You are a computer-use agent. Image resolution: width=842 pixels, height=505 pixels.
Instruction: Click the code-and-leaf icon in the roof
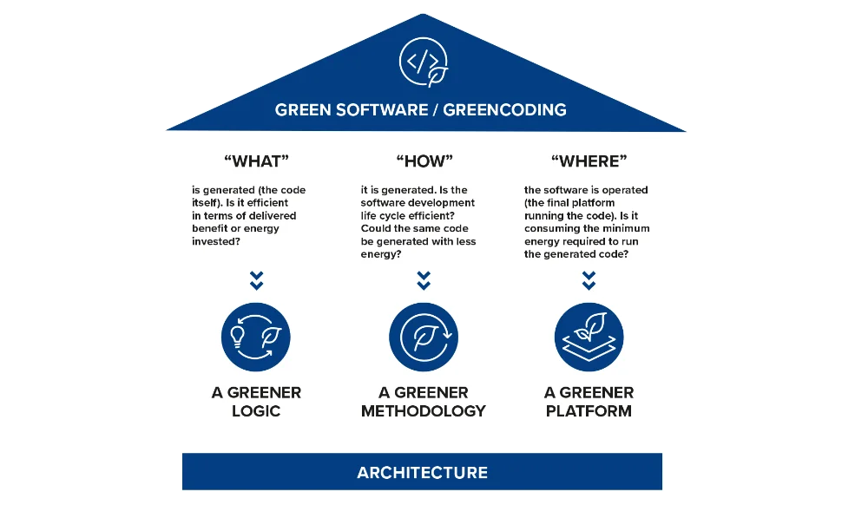[422, 62]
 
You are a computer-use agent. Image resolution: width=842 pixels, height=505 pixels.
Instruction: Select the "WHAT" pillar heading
[255, 161]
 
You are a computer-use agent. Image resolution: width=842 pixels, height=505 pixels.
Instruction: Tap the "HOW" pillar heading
[424, 161]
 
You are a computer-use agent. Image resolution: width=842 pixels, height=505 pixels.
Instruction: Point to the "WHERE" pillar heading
[589, 161]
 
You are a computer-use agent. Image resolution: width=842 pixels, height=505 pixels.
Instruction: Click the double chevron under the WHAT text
[255, 280]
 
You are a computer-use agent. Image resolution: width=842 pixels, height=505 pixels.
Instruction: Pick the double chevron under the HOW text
[424, 280]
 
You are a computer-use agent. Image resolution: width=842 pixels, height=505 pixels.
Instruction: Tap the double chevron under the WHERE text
[589, 280]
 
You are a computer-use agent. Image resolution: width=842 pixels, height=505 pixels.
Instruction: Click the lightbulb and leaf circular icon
[255, 337]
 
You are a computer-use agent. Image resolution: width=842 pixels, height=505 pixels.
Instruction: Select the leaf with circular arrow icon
[424, 337]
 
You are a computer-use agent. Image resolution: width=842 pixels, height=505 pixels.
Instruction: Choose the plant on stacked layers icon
[589, 337]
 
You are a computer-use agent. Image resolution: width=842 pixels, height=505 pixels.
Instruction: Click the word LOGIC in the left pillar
[256, 410]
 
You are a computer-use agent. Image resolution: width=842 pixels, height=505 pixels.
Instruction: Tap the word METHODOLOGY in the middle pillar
[424, 410]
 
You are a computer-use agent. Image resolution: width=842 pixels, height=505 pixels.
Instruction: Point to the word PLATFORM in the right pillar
[589, 410]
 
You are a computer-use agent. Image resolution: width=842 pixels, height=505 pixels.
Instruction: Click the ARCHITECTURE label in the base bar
[422, 473]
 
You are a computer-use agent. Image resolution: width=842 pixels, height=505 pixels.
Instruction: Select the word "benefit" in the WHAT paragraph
[211, 228]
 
